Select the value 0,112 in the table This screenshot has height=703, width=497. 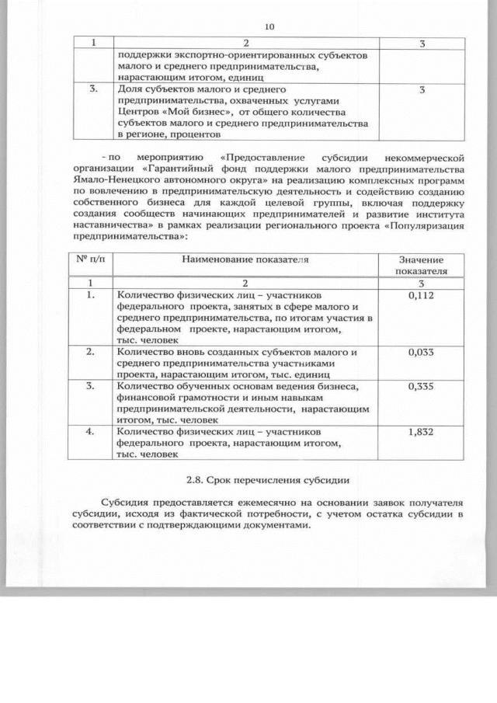point(420,296)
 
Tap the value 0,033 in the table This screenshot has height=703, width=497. point(420,352)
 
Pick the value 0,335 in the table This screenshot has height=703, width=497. point(420,387)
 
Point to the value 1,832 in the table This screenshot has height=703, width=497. point(420,431)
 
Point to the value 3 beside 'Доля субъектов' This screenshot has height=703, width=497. point(421,90)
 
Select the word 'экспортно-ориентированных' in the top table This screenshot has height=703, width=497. point(214,57)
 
